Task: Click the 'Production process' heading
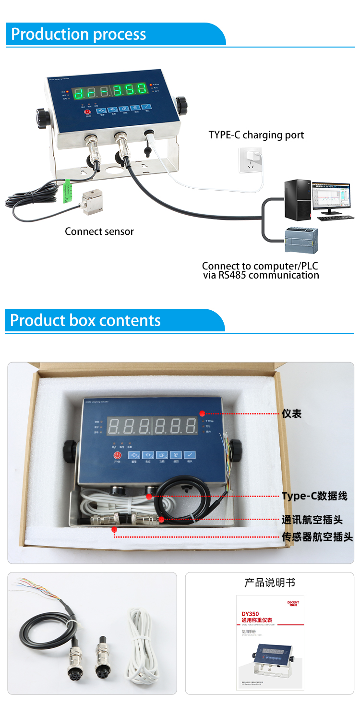pos(78,35)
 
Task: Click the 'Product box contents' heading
pos(85,320)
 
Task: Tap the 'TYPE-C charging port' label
pos(256,135)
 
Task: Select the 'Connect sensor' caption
pos(99,231)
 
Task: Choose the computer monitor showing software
pos(331,198)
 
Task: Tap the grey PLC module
pos(301,241)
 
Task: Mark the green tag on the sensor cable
pos(67,191)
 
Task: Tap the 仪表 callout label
pos(291,413)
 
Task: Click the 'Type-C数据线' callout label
pos(314,496)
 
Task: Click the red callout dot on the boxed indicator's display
pos(203,413)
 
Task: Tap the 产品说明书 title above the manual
pos(269,583)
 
